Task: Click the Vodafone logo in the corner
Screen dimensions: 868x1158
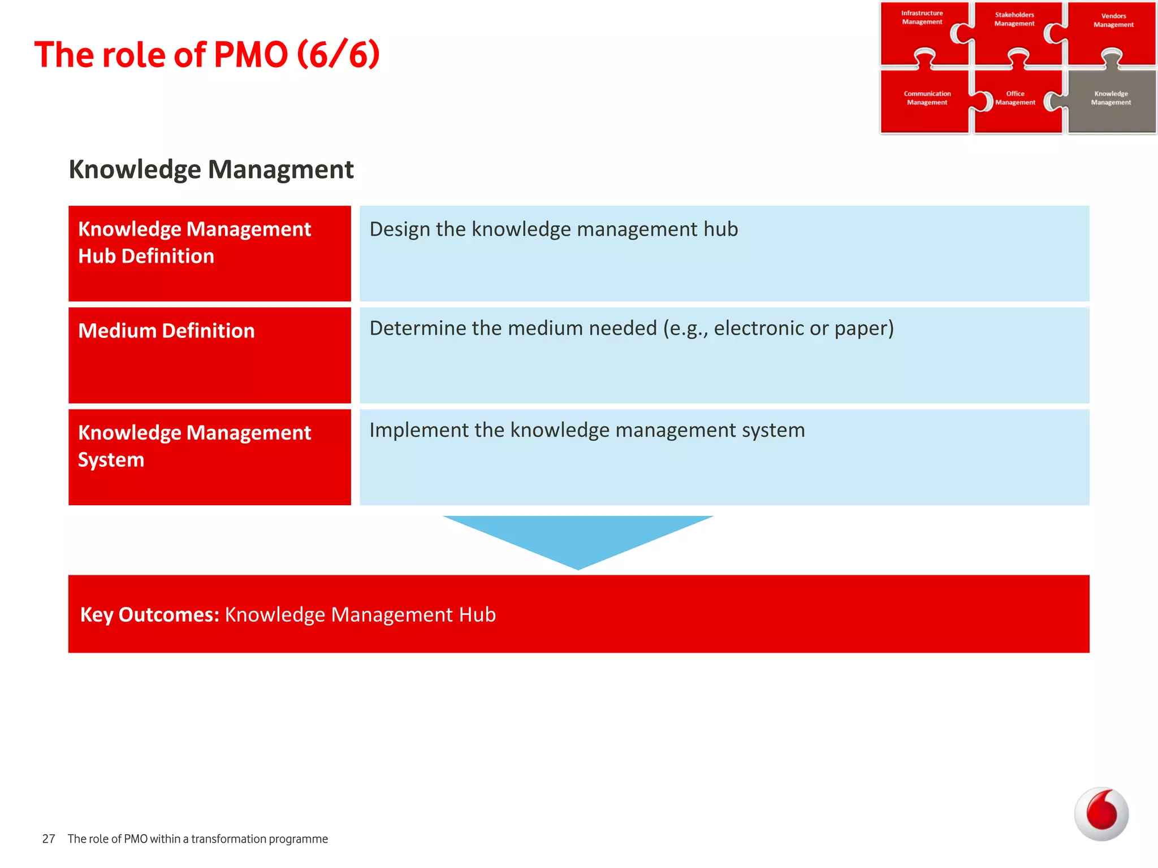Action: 1101,814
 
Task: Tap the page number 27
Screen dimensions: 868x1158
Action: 49,839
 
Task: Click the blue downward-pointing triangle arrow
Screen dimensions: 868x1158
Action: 578,537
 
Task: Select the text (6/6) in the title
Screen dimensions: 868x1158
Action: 338,55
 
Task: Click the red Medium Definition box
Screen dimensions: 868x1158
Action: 209,355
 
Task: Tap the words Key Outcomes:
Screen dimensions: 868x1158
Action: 149,614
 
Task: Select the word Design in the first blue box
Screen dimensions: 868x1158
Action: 400,229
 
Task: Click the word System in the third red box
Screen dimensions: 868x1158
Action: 111,460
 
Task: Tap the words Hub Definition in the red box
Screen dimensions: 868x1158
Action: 146,257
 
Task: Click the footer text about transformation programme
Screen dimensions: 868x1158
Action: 197,839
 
